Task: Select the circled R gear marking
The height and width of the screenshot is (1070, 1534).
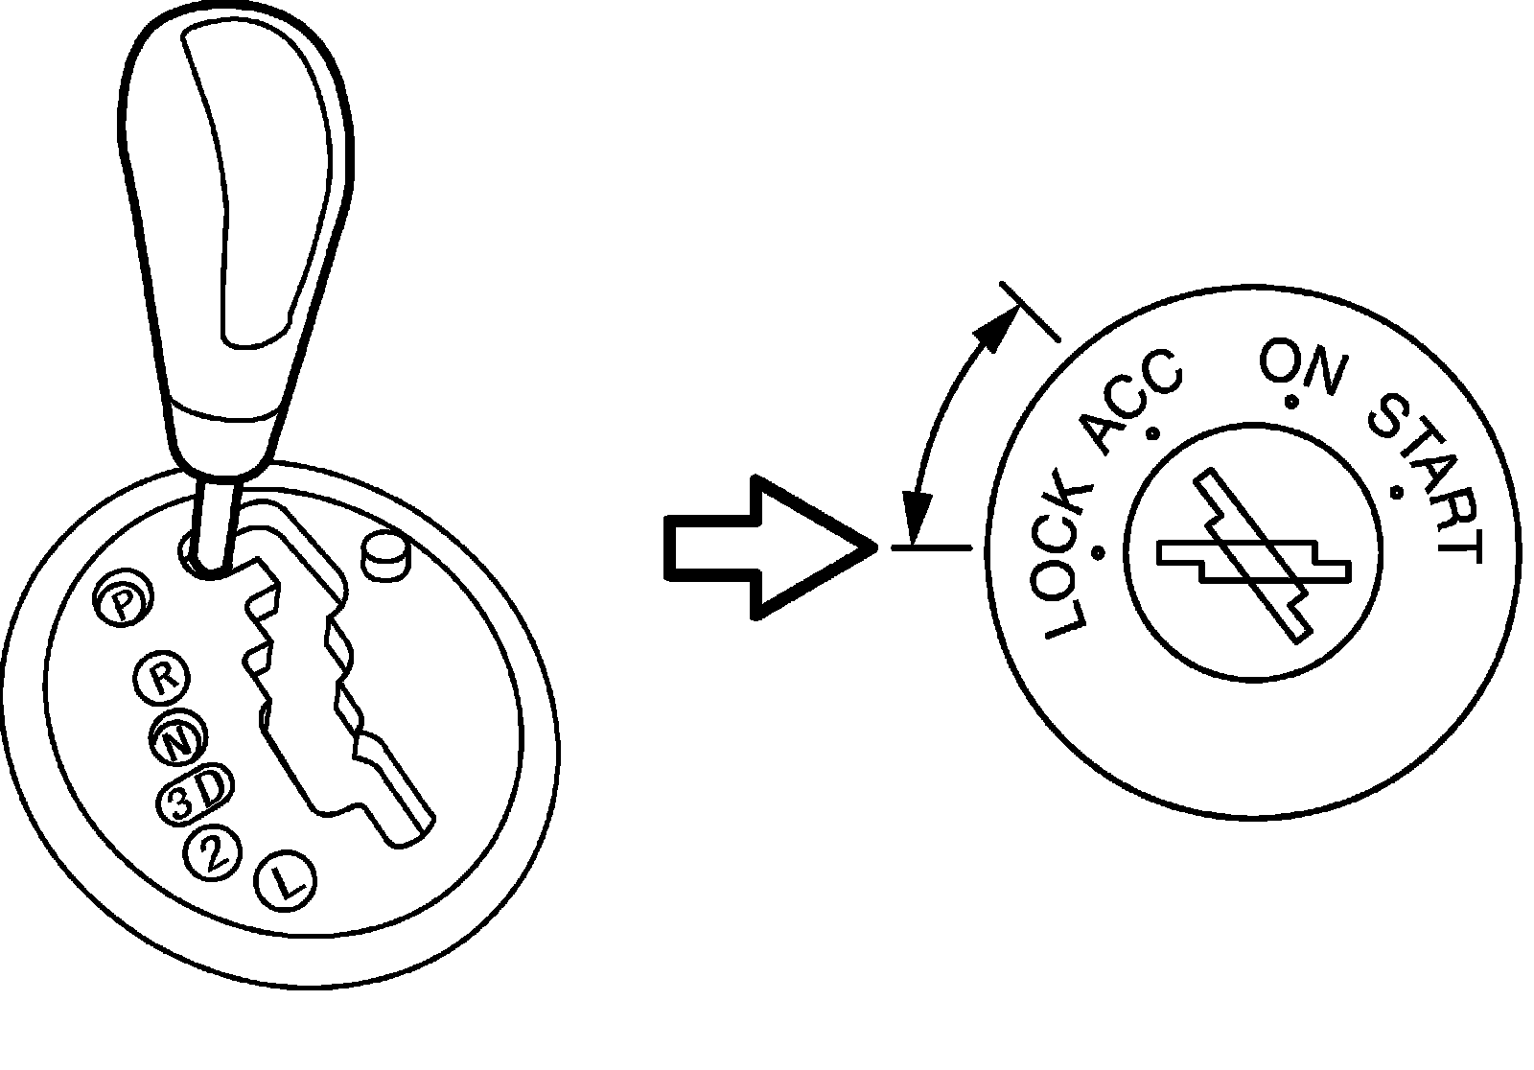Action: [162, 679]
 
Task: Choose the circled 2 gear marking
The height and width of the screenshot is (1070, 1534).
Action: [214, 852]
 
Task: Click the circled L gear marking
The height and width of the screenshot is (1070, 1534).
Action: [289, 879]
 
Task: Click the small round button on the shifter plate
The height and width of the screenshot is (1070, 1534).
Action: [384, 553]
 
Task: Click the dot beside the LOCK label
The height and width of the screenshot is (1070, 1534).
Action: [1099, 551]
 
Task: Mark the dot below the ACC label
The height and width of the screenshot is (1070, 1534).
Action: [1153, 433]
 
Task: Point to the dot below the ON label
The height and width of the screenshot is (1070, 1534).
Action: [1291, 402]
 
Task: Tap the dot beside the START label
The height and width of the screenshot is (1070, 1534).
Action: [1396, 494]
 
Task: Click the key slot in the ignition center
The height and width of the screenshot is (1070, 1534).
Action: [1254, 555]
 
